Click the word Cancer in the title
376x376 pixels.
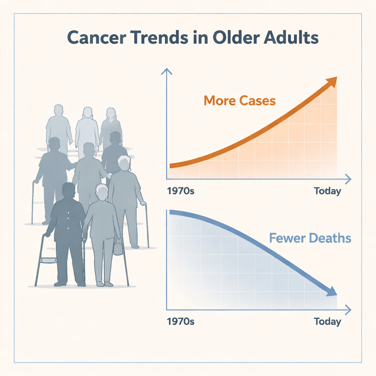coord(97,37)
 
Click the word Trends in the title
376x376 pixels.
coord(159,37)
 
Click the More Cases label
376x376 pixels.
coord(239,101)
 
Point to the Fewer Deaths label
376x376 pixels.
coord(310,238)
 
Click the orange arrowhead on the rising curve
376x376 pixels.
coord(332,82)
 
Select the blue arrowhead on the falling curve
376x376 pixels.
coord(332,291)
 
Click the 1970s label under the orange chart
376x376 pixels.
coord(181,191)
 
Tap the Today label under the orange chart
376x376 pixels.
coord(327,191)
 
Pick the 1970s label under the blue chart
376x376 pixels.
coord(181,321)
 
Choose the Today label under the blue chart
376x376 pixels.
coord(327,322)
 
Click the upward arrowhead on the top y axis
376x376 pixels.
coord(167,71)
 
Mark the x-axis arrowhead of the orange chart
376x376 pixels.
coord(348,179)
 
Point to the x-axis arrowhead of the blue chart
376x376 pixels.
coord(348,310)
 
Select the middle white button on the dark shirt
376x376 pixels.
coord(68,218)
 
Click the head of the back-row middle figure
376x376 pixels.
coord(87,112)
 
